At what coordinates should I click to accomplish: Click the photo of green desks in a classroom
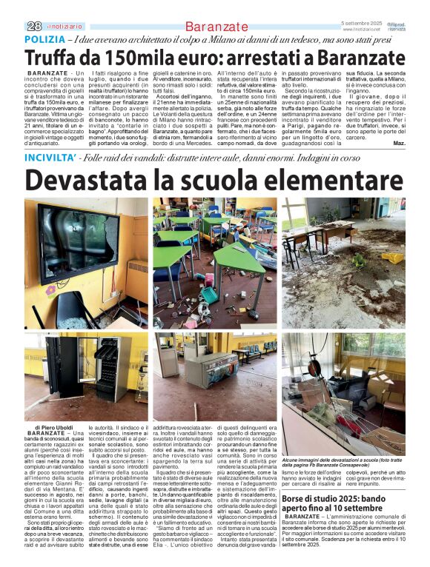click(215, 263)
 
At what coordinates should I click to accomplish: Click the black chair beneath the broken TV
click(59, 309)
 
